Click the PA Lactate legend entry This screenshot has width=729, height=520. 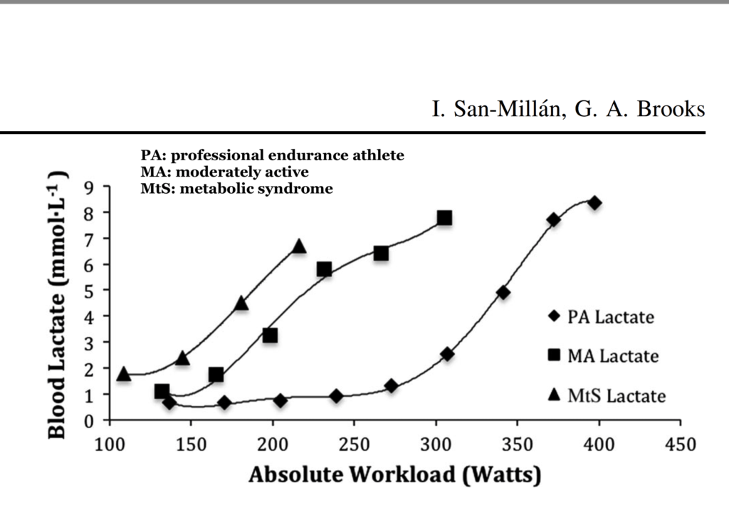point(602,317)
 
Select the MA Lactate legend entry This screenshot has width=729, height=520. point(602,355)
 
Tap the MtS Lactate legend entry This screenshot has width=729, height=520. point(602,395)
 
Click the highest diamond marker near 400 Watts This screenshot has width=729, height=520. point(594,203)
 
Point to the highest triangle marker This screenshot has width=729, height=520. point(299,246)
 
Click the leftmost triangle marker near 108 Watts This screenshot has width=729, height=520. point(124,374)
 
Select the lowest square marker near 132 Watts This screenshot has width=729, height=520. point(162,391)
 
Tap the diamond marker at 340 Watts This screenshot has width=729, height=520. point(503,292)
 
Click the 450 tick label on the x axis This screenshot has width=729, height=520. point(681,443)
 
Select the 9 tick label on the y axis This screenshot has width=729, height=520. point(89,187)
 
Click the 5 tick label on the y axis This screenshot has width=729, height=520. point(89,291)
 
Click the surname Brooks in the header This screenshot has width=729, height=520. point(668,110)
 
